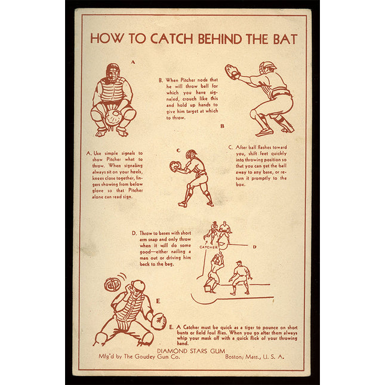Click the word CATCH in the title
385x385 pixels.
pos(171,39)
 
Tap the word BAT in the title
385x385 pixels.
pos(285,39)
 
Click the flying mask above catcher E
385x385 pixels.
pos(112,284)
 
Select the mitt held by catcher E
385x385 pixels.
pos(158,321)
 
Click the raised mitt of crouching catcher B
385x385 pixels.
pos(232,72)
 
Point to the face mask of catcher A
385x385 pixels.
pos(113,72)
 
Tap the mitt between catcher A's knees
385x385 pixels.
pos(113,117)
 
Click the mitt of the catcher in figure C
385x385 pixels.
pos(174,166)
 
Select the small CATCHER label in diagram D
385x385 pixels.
pos(208,247)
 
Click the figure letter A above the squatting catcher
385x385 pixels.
pos(133,62)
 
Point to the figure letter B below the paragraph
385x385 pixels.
pos(222,126)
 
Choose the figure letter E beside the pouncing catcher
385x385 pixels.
pos(158,301)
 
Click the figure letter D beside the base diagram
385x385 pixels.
pos(255,247)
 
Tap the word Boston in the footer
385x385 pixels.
pos(234,357)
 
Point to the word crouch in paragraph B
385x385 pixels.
pos(189,98)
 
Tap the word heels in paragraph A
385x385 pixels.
pos(136,172)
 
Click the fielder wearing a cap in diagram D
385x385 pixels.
pos(241,278)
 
